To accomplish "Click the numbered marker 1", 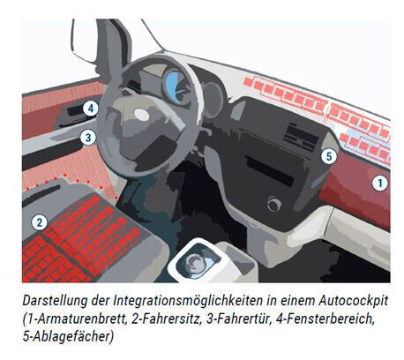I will tap(378, 184).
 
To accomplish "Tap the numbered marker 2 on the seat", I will tap(39, 222).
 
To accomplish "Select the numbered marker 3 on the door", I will tap(88, 137).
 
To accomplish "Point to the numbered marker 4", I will tap(90, 108).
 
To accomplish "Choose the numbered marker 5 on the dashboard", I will tap(328, 156).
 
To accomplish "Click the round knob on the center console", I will tap(274, 205).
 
